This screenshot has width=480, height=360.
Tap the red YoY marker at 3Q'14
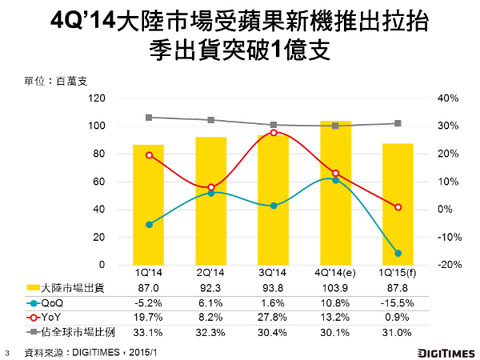tap(273, 133)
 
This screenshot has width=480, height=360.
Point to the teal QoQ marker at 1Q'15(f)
tap(398, 253)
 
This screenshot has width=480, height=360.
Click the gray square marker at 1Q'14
tap(149, 118)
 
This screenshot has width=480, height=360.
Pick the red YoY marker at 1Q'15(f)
tap(398, 207)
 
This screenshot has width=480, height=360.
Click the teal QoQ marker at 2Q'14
tap(211, 193)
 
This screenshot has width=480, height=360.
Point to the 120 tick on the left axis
tap(97, 98)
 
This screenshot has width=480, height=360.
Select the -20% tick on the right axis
tap(446, 265)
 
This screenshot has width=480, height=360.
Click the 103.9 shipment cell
tap(335, 289)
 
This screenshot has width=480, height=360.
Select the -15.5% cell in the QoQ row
tap(398, 303)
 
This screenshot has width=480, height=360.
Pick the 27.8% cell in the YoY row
tap(273, 317)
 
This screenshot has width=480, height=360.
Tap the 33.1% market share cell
tap(149, 330)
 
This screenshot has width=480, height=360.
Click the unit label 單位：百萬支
tap(57, 81)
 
